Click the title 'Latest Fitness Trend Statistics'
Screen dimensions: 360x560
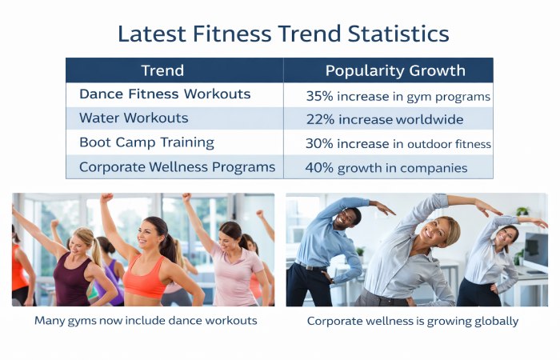[283, 34]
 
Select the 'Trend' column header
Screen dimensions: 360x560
[162, 70]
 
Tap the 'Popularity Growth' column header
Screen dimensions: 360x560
[394, 70]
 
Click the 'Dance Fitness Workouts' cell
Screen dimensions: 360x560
[165, 94]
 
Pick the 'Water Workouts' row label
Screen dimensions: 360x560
[134, 118]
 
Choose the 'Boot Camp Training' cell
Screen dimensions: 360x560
[146, 142]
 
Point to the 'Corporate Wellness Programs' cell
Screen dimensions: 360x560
[177, 167]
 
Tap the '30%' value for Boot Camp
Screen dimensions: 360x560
[318, 144]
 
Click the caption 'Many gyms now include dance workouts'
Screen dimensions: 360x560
[146, 321]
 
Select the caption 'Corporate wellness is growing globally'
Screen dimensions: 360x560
[413, 321]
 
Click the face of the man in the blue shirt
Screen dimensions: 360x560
[349, 217]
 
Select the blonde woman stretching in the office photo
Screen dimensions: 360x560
[420, 256]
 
